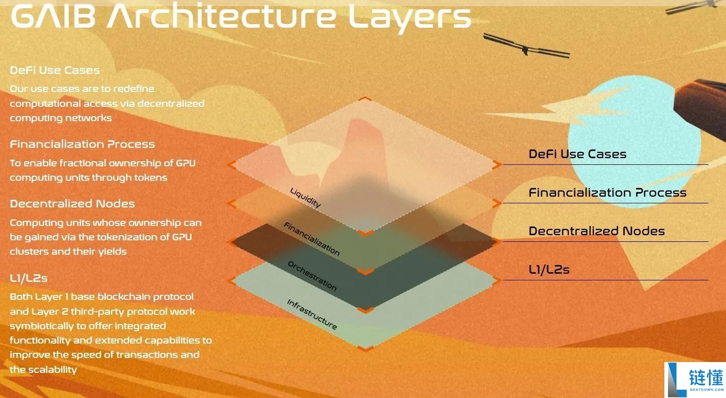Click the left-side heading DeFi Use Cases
(54, 70)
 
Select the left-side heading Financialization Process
(82, 144)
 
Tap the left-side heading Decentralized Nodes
(72, 204)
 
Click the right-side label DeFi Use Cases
(577, 154)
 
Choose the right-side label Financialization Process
(607, 193)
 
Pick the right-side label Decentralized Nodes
(597, 231)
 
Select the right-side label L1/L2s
(549, 270)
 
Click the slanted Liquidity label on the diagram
(306, 198)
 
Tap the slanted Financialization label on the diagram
(312, 239)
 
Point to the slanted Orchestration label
(312, 276)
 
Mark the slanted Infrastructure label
(312, 315)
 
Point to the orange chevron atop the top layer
(364, 99)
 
